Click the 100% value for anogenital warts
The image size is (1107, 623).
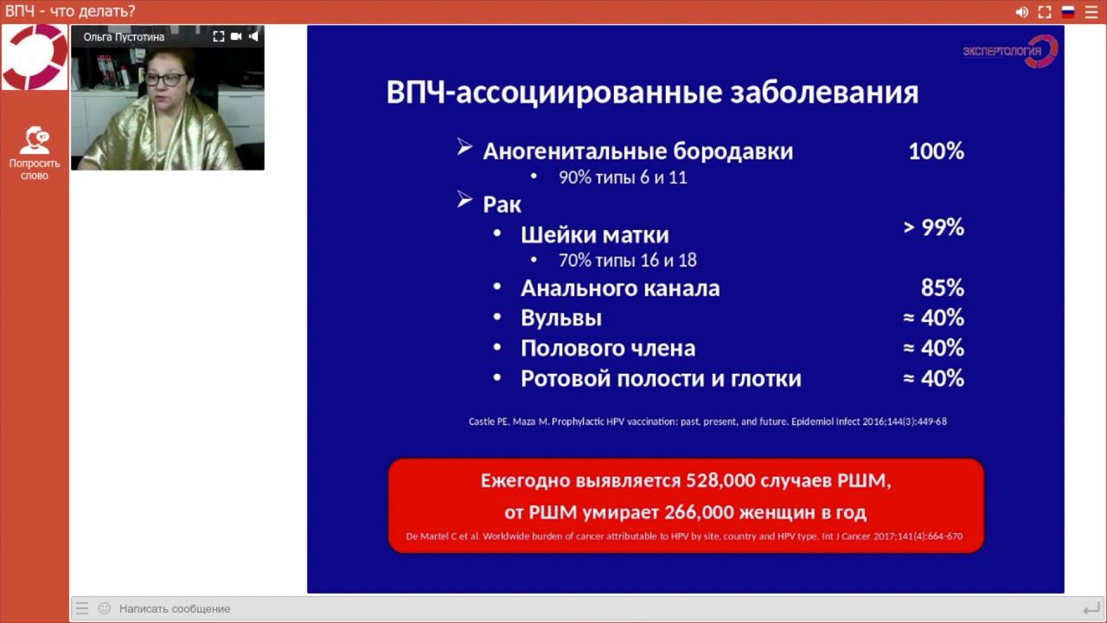coord(936,151)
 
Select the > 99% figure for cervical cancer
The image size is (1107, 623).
coord(933,228)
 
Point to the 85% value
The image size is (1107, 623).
coord(942,287)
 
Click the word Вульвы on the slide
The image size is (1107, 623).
coord(560,318)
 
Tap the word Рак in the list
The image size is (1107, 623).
coord(502,204)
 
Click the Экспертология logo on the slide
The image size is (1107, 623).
coord(1009,51)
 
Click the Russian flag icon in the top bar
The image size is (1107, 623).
coord(1068,12)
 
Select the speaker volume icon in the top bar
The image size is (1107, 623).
coord(1021,12)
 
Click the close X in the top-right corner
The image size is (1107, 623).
coord(1091,12)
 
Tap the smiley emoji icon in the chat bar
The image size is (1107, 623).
coord(105,608)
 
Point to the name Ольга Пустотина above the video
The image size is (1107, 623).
coord(124,37)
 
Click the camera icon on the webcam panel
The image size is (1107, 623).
coord(236,36)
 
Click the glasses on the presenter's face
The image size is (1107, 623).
coord(164,80)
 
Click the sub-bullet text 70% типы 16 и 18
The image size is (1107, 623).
coord(627,260)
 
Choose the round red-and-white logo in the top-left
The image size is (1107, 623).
coord(35,57)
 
